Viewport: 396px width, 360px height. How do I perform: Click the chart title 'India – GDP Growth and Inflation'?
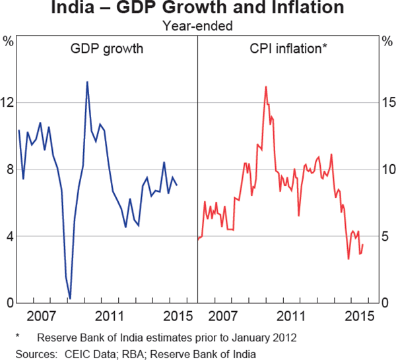click(198, 9)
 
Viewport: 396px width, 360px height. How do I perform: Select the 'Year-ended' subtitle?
click(198, 26)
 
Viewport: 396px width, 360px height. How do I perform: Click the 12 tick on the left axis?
click(9, 103)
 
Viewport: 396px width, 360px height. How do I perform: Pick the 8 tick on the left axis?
click(9, 169)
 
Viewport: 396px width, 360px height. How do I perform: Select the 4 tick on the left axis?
click(9, 236)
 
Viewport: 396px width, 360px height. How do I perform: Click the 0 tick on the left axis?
click(9, 303)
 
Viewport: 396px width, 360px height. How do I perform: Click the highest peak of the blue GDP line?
click(87, 82)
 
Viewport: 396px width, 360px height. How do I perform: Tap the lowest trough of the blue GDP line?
click(70, 299)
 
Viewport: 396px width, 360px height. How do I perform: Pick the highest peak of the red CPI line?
click(265, 86)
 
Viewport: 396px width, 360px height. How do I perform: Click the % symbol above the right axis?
click(387, 42)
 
